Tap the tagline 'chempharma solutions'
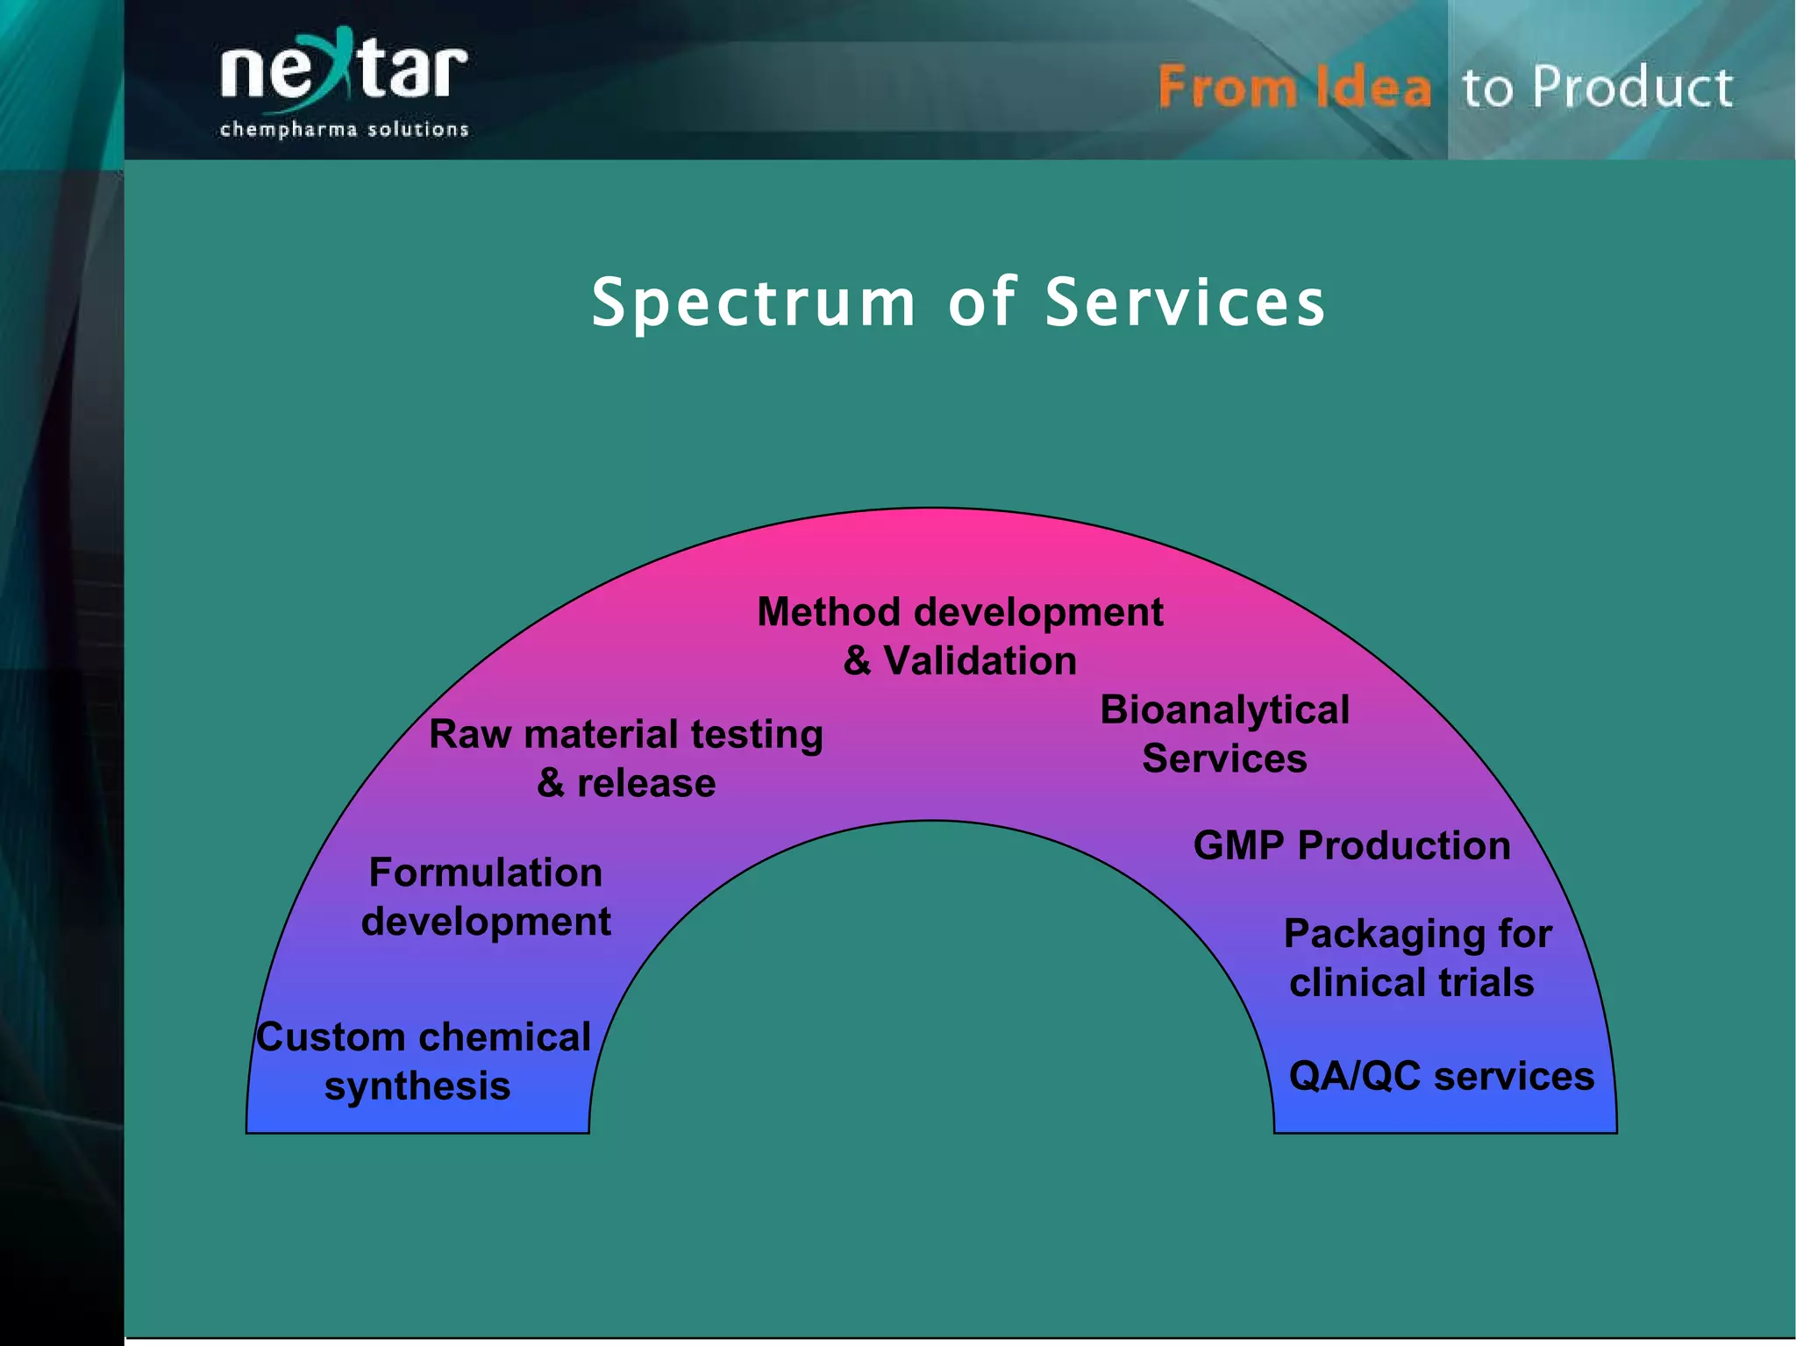click(x=344, y=130)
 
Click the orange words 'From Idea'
click(x=1294, y=88)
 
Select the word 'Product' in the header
click(x=1633, y=88)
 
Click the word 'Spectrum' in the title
click(x=753, y=303)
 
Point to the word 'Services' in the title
click(x=1186, y=303)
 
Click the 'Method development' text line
click(x=959, y=612)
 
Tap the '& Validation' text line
click(x=959, y=661)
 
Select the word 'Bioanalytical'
click(x=1224, y=710)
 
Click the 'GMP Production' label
click(x=1351, y=846)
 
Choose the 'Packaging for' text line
click(x=1417, y=934)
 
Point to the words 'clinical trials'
click(x=1411, y=983)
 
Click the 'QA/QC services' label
click(x=1441, y=1076)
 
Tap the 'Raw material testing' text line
click(x=625, y=735)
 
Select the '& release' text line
click(x=625, y=783)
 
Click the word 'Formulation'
click(x=486, y=873)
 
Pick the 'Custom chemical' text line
click(x=424, y=1037)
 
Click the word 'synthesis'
click(x=417, y=1086)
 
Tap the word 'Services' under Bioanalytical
click(x=1224, y=758)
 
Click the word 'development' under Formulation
click(x=486, y=922)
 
